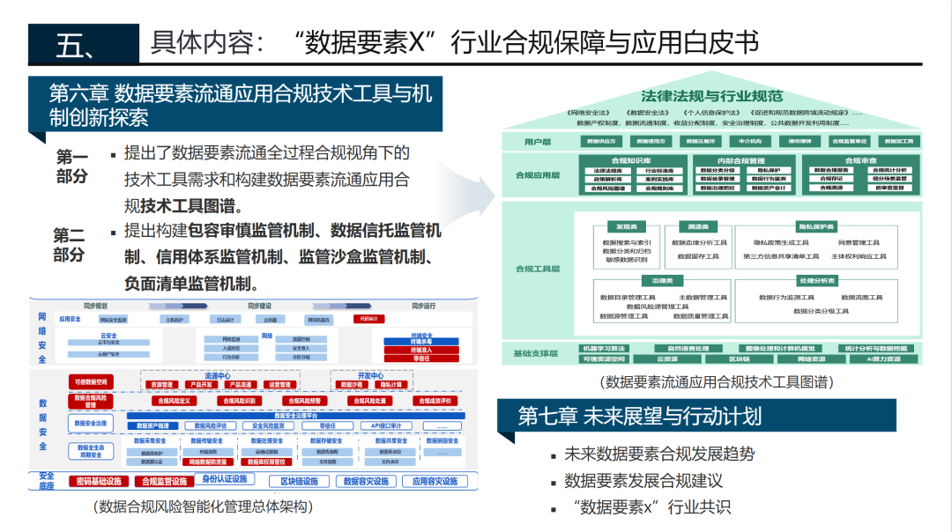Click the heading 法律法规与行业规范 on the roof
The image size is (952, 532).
coord(712,95)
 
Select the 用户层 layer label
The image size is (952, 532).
coord(537,141)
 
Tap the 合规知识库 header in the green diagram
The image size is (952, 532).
coord(627,160)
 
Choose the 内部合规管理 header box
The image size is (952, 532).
coord(741,160)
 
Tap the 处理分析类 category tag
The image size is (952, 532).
coord(816,281)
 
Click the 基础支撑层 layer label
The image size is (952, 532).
coord(536,353)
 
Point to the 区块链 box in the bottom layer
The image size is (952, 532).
coord(739,359)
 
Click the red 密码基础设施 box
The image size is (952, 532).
coord(98,482)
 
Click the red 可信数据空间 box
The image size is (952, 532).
coord(91,382)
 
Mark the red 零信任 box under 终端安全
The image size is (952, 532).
coord(420,358)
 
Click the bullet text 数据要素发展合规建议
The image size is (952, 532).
coord(643,481)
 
